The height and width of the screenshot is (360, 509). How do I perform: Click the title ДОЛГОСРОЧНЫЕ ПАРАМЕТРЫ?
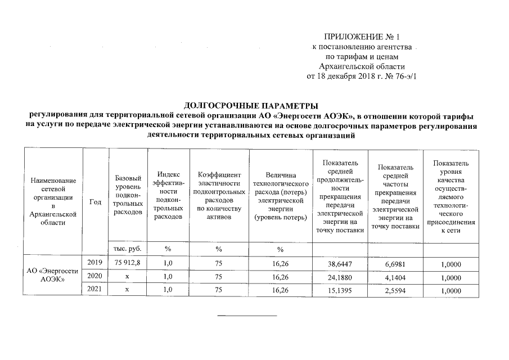point(251,106)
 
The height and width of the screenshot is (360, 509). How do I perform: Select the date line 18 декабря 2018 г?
point(363,76)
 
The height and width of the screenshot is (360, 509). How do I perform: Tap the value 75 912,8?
point(127,263)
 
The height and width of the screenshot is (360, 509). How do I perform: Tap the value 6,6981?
point(395,263)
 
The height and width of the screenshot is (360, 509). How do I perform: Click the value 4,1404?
point(395,276)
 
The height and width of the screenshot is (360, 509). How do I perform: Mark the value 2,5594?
point(395,290)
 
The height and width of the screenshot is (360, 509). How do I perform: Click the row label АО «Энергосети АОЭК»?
point(53,276)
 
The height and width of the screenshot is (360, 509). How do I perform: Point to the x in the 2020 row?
point(127,276)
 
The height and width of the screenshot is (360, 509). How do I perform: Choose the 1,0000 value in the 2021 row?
point(451,290)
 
